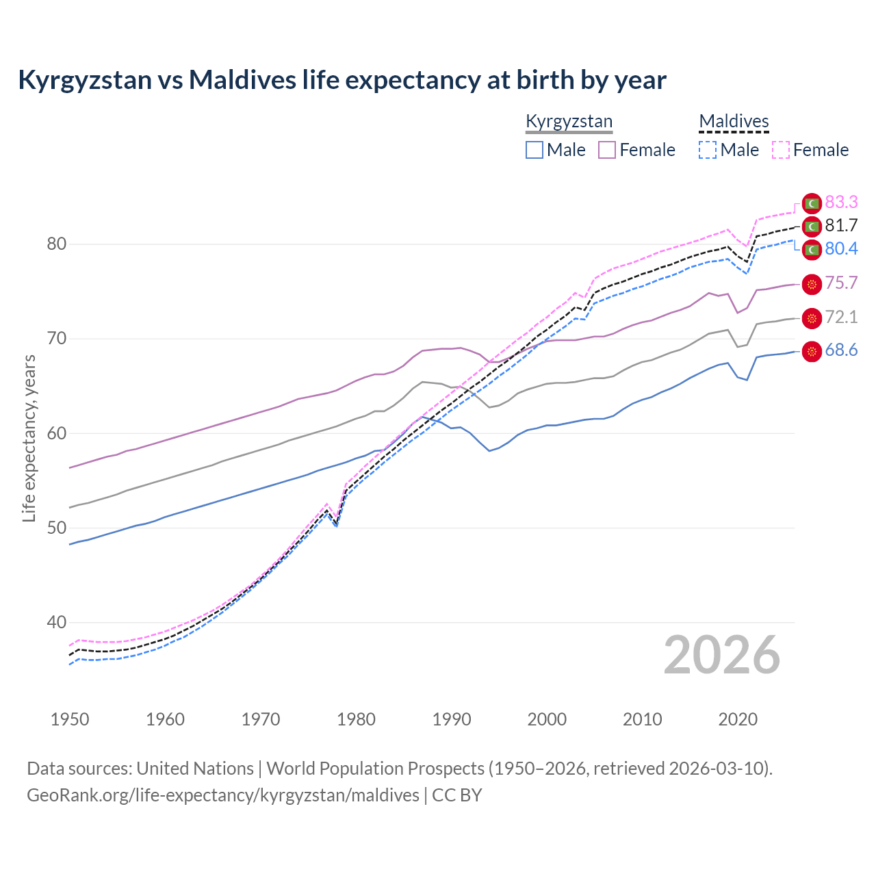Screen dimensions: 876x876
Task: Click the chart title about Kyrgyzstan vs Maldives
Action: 342,80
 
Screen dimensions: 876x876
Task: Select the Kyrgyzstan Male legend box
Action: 534,150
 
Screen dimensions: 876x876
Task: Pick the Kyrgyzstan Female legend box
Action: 607,150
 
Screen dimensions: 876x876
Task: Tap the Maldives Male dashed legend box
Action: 708,150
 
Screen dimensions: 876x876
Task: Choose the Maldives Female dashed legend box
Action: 781,150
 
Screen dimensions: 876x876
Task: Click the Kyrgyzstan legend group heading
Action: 569,122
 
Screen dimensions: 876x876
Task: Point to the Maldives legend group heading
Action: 734,122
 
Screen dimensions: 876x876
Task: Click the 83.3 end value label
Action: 841,202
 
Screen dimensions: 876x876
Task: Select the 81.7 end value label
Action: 841,225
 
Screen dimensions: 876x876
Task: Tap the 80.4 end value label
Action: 841,248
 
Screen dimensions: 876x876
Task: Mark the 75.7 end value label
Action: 841,283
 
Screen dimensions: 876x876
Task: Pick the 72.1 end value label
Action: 841,317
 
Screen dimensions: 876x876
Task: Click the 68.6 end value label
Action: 841,350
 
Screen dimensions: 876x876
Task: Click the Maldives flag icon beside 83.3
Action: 812,203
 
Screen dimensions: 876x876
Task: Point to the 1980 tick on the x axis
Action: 357,719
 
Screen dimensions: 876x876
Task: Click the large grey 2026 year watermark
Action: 722,655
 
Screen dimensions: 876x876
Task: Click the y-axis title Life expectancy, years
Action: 29,438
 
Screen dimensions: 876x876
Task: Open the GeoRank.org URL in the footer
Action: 223,795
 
